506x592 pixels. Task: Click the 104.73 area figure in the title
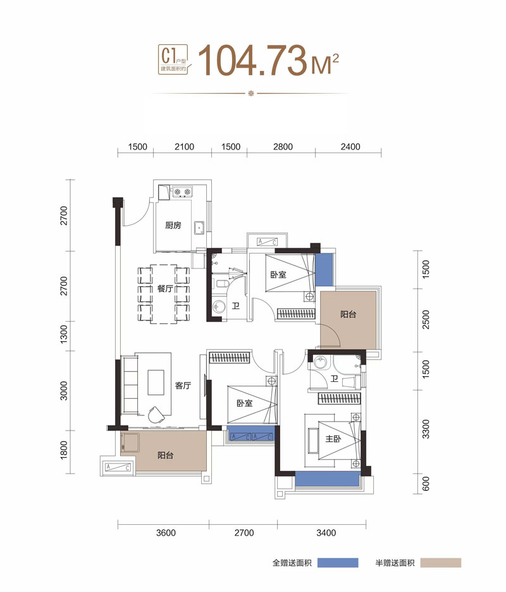click(x=252, y=60)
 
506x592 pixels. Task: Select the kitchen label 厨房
click(x=173, y=225)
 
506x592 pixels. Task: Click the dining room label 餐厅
click(x=165, y=289)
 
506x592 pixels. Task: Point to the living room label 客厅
click(x=183, y=386)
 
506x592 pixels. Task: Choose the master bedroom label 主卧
click(x=333, y=439)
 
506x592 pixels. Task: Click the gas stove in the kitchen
click(x=182, y=192)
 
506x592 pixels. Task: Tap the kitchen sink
click(x=199, y=228)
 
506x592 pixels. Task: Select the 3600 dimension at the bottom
click(x=166, y=532)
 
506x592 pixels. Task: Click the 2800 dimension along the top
click(x=283, y=146)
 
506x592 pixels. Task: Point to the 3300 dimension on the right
click(x=426, y=429)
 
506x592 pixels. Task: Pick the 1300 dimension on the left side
click(x=64, y=334)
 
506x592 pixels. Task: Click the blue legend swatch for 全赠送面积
click(x=338, y=562)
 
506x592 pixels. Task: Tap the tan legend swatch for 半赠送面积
click(x=441, y=562)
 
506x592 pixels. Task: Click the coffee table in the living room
click(x=156, y=382)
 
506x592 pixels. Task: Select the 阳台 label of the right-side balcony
click(x=348, y=314)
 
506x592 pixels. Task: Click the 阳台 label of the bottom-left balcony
click(x=166, y=455)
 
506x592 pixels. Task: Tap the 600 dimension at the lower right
click(x=426, y=484)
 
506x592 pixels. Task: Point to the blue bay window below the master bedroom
click(x=327, y=479)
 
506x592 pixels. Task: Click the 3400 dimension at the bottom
click(x=326, y=532)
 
